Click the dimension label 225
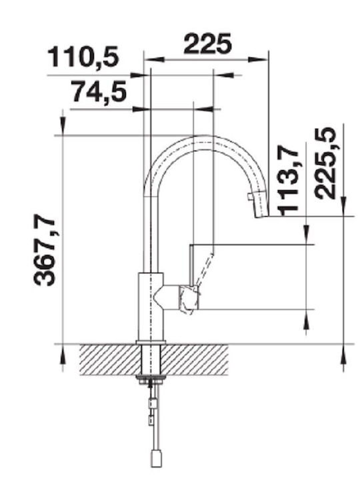point(207,43)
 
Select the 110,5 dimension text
point(83,57)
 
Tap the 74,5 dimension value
point(99,92)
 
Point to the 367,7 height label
point(45,251)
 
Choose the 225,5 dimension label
point(326,163)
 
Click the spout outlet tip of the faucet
point(262,217)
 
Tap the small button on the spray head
point(250,196)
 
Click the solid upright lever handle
point(191,265)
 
